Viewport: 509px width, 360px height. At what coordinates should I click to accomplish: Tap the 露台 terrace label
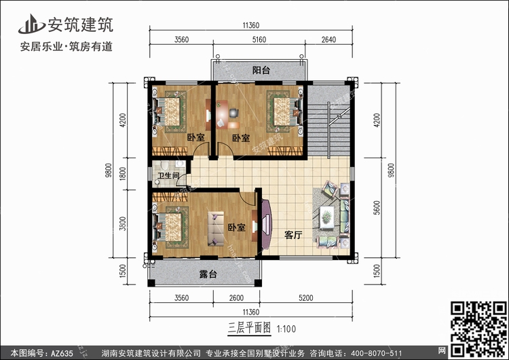point(208,275)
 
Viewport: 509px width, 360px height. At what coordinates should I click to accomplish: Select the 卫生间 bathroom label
point(168,177)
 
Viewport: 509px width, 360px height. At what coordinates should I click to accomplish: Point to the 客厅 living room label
point(293,236)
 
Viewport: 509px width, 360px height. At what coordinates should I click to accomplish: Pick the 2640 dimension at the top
point(328,40)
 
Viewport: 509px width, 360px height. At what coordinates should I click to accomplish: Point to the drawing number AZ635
point(61,353)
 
